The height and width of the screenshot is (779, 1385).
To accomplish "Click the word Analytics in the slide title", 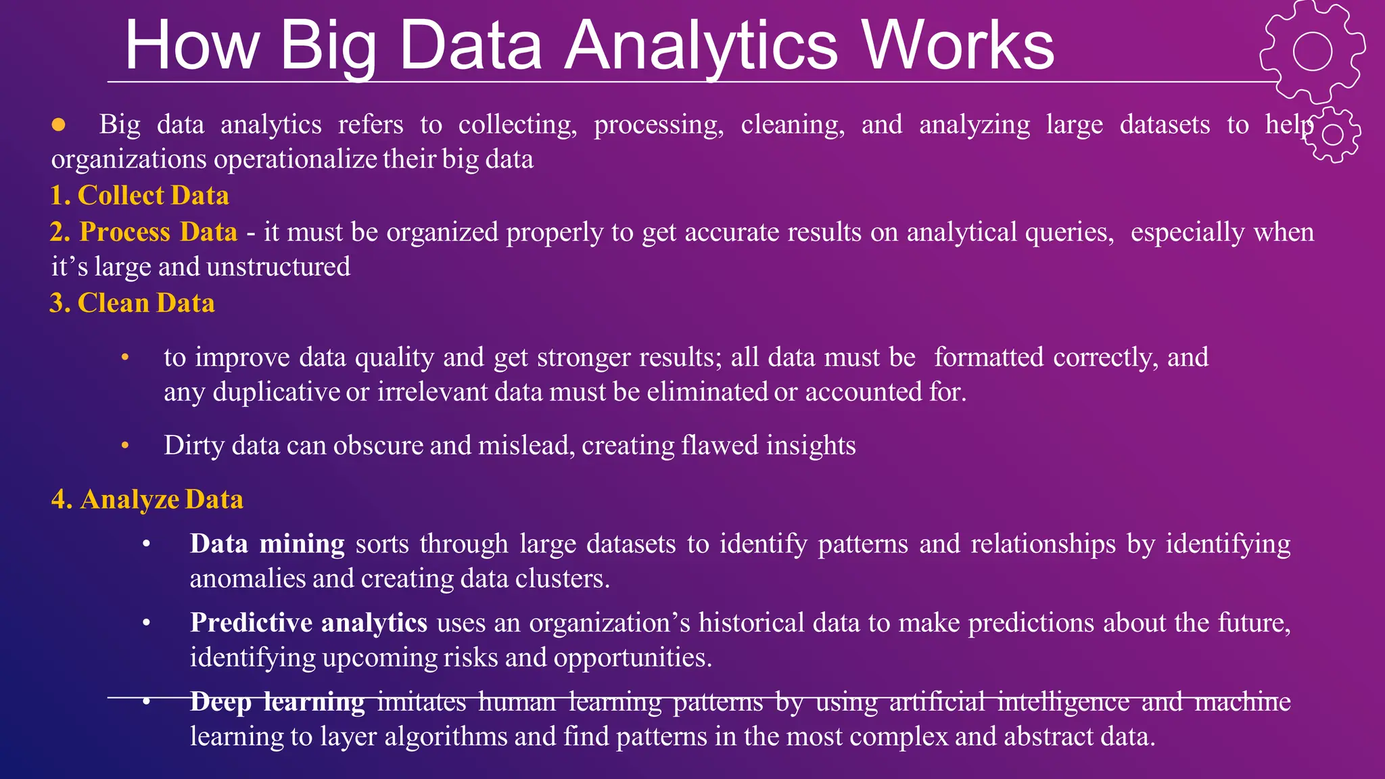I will (x=703, y=46).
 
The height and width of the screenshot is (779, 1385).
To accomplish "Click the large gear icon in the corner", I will (x=1312, y=51).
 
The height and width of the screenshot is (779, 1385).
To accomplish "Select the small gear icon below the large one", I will (x=1332, y=135).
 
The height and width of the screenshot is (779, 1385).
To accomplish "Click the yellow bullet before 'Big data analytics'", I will (x=59, y=124).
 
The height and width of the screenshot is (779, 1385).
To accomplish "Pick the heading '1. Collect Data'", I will (x=140, y=195).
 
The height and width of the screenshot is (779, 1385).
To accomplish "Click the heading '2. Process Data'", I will (x=144, y=232).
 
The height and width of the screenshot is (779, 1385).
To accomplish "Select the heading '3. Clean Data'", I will (x=133, y=303).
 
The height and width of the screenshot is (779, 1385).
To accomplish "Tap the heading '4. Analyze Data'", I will (x=147, y=499).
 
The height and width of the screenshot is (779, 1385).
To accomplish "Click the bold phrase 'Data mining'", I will (x=267, y=544).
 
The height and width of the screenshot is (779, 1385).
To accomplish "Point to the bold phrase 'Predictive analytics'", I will (x=308, y=623).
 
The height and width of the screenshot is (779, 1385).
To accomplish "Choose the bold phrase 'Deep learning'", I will (x=277, y=702).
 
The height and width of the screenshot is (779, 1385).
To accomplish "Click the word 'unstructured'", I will (x=278, y=267).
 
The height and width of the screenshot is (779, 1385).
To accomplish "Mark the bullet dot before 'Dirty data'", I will (x=125, y=446).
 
